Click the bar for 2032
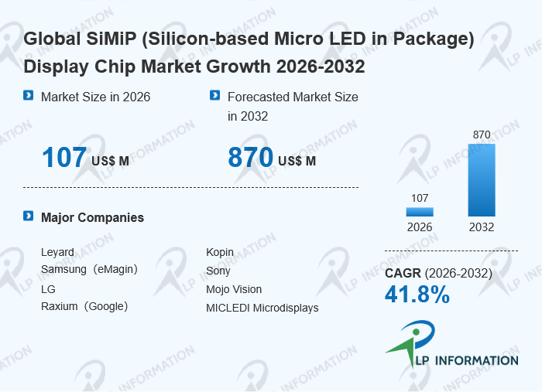click(482, 180)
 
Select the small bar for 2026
click(420, 212)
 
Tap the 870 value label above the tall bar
click(482, 135)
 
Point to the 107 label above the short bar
click(420, 198)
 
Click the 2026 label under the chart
click(420, 227)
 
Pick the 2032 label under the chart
click(482, 227)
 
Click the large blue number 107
click(64, 158)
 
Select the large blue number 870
click(251, 158)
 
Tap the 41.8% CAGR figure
click(417, 295)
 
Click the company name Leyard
click(57, 253)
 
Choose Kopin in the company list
click(220, 253)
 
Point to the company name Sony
click(218, 271)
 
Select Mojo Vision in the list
click(234, 289)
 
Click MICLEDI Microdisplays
click(262, 308)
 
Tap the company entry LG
click(48, 289)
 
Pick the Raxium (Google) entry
click(84, 306)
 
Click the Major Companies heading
click(92, 218)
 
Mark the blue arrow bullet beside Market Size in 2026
click(29, 95)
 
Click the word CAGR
click(403, 273)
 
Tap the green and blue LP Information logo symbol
click(411, 342)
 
